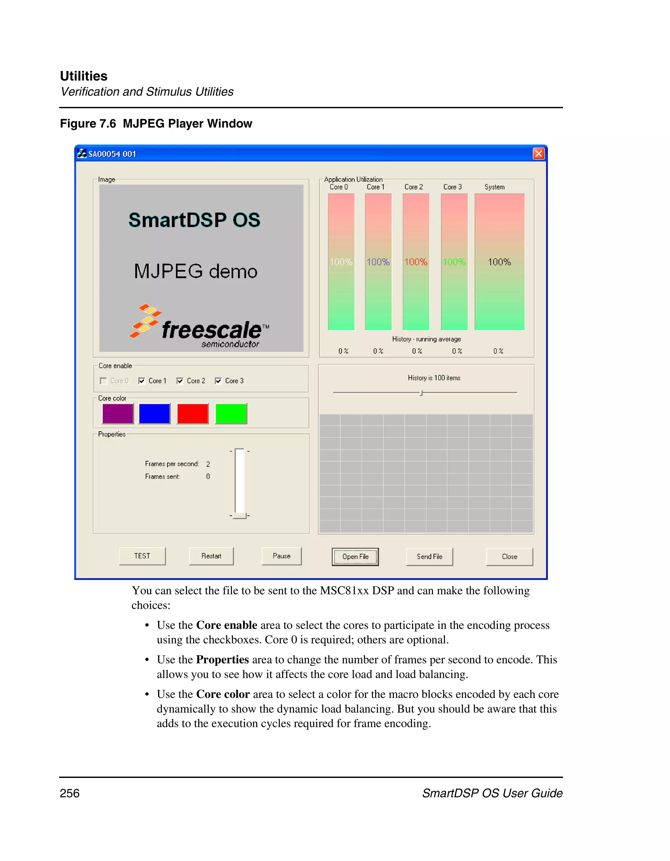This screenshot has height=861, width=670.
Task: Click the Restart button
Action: pos(211,556)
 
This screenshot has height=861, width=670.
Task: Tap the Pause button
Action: pos(282,556)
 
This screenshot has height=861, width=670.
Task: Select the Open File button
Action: pos(355,557)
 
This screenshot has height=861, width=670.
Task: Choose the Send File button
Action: pos(430,557)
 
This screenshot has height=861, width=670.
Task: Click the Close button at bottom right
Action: pos(509,557)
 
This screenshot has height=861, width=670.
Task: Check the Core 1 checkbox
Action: pos(142,381)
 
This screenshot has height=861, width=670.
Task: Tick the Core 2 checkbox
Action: pos(180,381)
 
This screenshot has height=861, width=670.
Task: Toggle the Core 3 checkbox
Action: pos(218,381)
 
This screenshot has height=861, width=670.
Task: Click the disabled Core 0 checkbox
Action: pos(103,381)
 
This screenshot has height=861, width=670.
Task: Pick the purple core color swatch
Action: pos(118,414)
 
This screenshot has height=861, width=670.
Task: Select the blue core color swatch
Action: pos(155,414)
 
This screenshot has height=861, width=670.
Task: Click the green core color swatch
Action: pos(231,414)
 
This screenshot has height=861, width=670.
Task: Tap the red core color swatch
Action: pos(193,414)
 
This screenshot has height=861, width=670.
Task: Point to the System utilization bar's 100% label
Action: pos(499,262)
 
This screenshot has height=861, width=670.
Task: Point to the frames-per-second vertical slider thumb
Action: pos(239,515)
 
